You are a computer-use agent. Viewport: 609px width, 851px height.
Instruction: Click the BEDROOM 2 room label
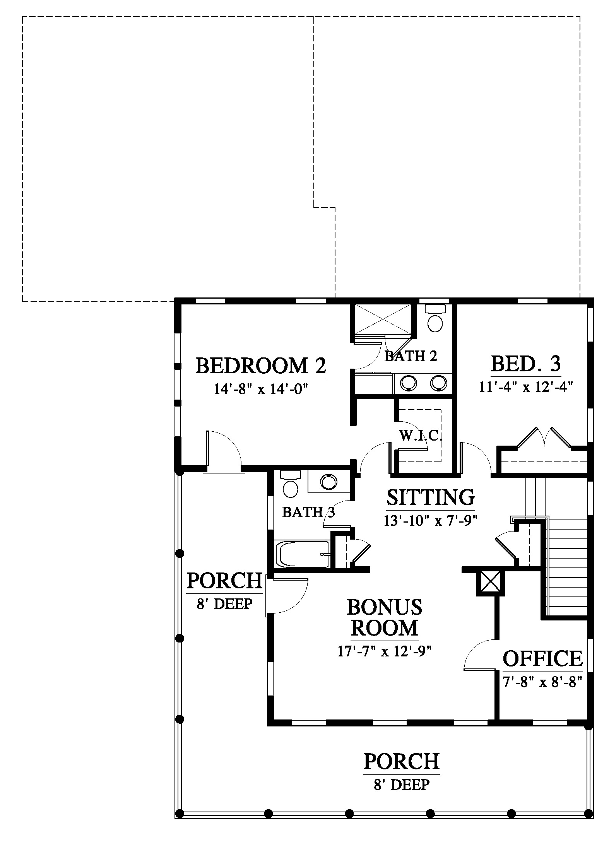(x=261, y=366)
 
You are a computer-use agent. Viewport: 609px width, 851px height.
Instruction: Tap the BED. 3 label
(x=526, y=364)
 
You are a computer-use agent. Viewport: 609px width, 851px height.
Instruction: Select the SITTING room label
(x=431, y=497)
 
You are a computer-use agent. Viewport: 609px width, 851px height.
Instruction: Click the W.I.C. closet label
(x=421, y=436)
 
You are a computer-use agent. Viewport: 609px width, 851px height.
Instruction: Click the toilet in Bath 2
(x=435, y=319)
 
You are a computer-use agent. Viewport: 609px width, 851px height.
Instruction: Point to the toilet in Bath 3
(x=290, y=484)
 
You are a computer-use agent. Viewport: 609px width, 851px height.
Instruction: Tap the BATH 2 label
(x=411, y=356)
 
